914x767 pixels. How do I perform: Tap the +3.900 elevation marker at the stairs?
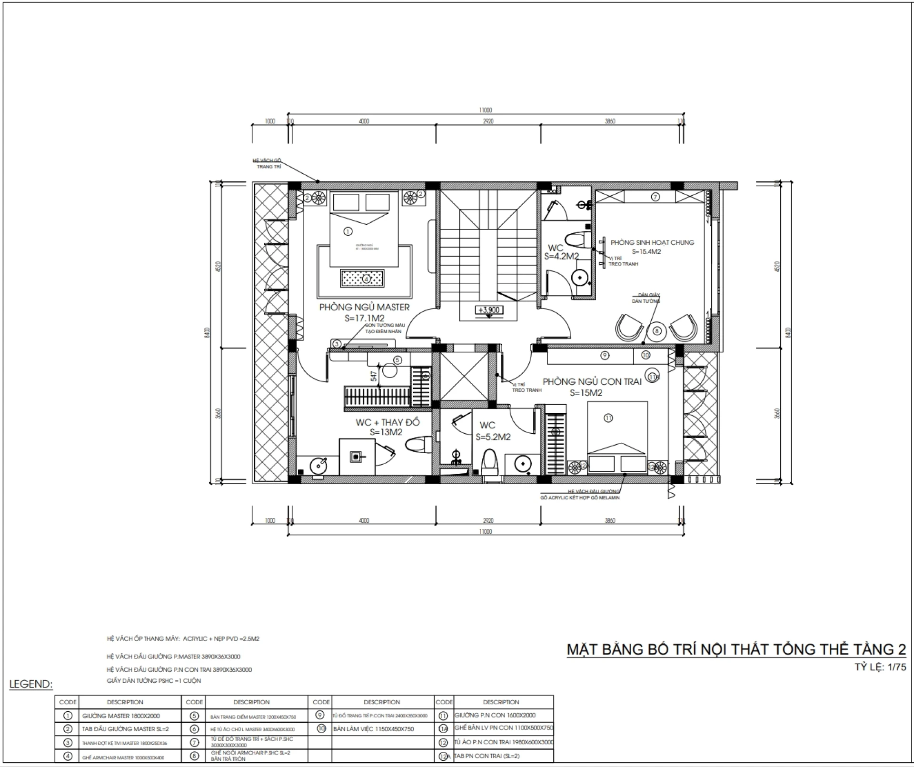(488, 310)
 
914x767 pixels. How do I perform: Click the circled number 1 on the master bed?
(348, 231)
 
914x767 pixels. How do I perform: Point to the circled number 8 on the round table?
(656, 331)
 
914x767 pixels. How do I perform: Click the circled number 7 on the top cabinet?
(656, 197)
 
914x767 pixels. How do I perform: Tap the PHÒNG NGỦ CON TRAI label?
(592, 382)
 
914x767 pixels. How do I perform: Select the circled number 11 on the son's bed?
(608, 418)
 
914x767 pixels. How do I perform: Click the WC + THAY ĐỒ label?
(387, 422)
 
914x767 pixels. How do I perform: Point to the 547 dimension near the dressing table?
(374, 376)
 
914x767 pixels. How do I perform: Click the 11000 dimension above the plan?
(485, 110)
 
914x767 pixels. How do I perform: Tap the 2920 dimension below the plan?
(488, 520)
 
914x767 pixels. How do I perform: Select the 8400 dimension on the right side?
(788, 333)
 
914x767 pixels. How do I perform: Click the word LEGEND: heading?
(31, 684)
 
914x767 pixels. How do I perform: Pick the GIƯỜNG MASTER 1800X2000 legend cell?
(121, 716)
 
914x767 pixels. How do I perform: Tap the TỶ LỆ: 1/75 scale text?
(880, 667)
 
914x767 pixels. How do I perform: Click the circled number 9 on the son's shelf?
(605, 355)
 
